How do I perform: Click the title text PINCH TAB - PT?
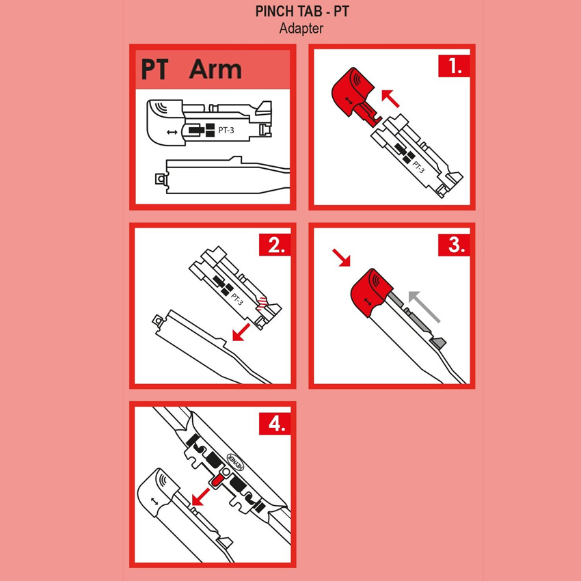[302, 12]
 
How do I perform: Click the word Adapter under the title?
[301, 29]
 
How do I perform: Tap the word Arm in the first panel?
[215, 69]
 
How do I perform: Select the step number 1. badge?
[454, 66]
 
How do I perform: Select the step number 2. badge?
[275, 245]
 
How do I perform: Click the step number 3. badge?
[454, 245]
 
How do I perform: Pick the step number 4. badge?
[275, 424]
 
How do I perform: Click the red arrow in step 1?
[390, 98]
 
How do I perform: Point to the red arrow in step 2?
[241, 332]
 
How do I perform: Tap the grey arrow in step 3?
[424, 307]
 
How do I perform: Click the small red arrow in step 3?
[341, 258]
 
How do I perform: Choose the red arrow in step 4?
[200, 497]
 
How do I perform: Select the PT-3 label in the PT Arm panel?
[226, 130]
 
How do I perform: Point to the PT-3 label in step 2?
[237, 299]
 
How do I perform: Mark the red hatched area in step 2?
[262, 303]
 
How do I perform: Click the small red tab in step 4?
[216, 481]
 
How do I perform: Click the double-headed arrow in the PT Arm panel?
[172, 132]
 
